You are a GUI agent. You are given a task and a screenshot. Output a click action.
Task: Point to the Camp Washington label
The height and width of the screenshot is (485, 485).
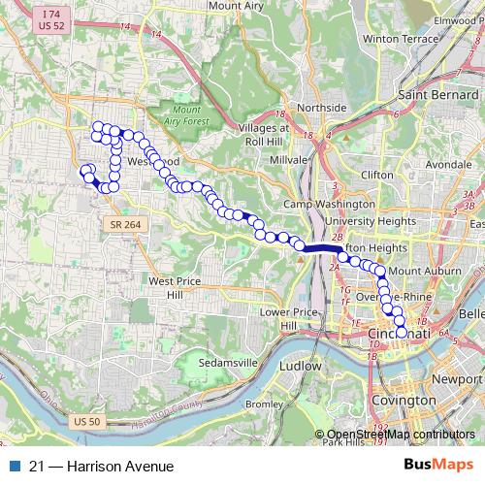[x=329, y=206]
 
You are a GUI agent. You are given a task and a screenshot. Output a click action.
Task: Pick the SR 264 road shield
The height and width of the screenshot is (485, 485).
[x=122, y=224]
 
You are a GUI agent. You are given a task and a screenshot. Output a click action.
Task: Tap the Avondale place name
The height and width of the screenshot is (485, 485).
[x=447, y=165]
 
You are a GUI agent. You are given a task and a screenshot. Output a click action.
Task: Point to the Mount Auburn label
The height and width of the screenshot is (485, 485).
[x=422, y=271]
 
